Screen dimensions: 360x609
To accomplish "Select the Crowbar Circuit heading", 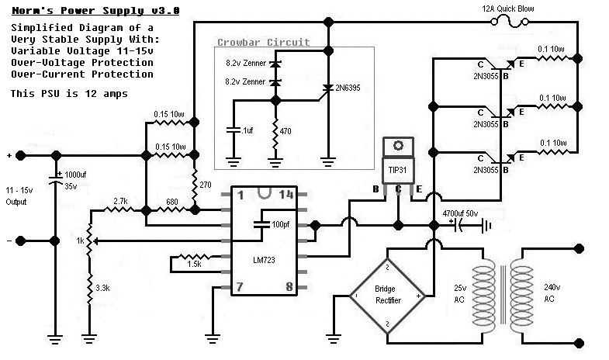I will click(264, 43).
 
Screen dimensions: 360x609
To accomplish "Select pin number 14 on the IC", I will click(286, 196).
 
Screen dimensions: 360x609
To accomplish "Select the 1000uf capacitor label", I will click(76, 175).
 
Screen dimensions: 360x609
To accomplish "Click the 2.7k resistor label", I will click(121, 202).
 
